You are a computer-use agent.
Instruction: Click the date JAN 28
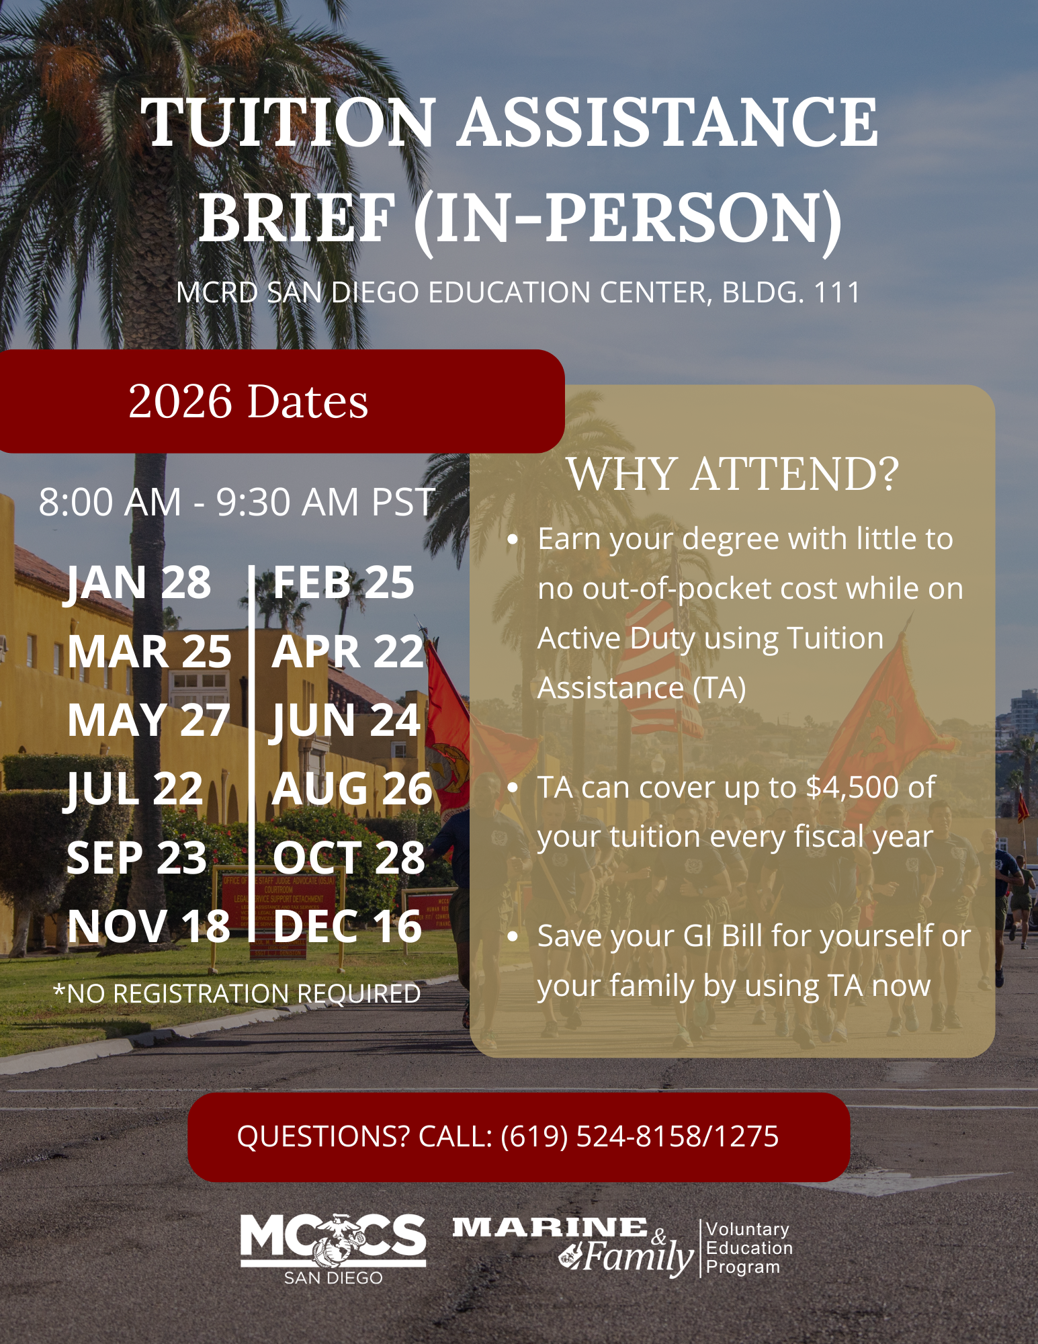point(138,582)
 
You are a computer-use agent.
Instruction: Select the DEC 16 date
point(347,926)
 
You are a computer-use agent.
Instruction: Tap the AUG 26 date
point(351,789)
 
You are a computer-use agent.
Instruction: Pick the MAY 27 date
point(148,720)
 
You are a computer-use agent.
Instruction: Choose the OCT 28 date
point(349,857)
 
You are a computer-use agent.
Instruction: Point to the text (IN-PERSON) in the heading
point(628,218)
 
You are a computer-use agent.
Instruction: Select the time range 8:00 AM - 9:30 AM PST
point(236,502)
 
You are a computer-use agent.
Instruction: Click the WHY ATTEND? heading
point(732,474)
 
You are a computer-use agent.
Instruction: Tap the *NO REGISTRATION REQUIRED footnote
point(236,993)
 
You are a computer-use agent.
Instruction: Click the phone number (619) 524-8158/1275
point(640,1136)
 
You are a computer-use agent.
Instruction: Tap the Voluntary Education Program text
point(748,1248)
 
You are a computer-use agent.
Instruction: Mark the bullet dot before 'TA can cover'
point(513,788)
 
